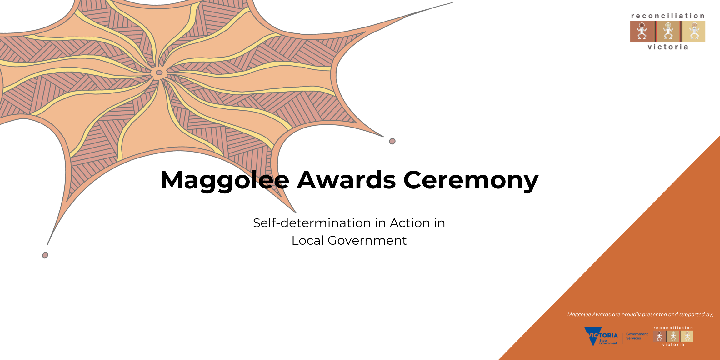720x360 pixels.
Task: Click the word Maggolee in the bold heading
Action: pyautogui.click(x=225, y=181)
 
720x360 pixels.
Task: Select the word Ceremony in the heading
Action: pyautogui.click(x=471, y=181)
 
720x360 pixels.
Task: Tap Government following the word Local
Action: pyautogui.click(x=367, y=240)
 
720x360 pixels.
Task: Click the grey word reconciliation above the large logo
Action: pyautogui.click(x=668, y=16)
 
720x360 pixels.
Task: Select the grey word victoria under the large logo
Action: pyautogui.click(x=668, y=47)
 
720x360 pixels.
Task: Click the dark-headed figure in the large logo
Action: pyautogui.click(x=642, y=31)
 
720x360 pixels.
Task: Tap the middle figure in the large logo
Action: pyautogui.click(x=668, y=31)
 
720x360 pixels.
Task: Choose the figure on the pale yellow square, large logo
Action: pyautogui.click(x=694, y=31)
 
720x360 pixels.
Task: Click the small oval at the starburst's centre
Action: pyautogui.click(x=159, y=73)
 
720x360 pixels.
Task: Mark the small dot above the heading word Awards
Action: pyautogui.click(x=392, y=141)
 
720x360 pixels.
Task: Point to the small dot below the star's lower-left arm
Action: pyautogui.click(x=45, y=255)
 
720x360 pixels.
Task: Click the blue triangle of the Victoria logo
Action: pyautogui.click(x=593, y=336)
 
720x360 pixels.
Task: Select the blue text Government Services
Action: pyautogui.click(x=637, y=336)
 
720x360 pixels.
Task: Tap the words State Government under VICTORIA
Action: pyautogui.click(x=608, y=342)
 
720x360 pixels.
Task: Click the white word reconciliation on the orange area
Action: pyautogui.click(x=673, y=328)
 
